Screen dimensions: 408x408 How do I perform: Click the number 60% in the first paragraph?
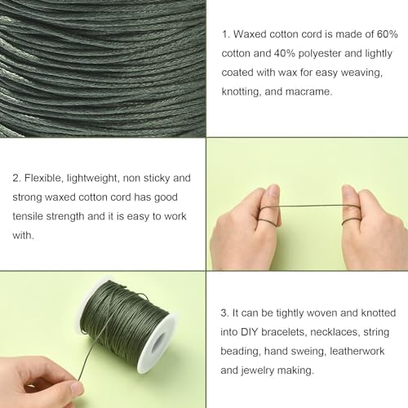388,34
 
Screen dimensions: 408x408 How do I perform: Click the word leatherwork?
357,351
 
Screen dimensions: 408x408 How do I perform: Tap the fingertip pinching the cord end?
75,389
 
